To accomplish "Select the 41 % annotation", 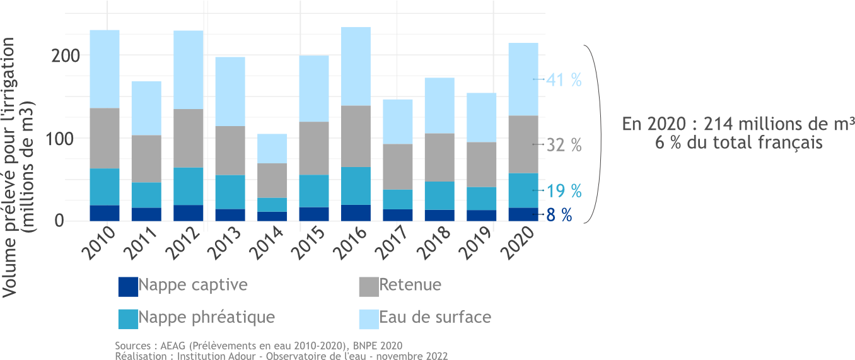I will point(564,80).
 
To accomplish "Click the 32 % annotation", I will point(564,145).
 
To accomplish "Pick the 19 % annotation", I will point(564,190).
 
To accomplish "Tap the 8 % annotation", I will point(559,215).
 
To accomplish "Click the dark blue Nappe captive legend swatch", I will point(128,287).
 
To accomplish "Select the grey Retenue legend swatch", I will point(369,287).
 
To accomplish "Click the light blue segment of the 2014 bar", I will point(272,148).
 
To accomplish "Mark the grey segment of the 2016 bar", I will point(356,136).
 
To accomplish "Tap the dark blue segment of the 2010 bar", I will point(105,213).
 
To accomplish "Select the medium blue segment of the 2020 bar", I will point(523,190).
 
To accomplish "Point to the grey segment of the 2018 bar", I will point(439,157).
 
